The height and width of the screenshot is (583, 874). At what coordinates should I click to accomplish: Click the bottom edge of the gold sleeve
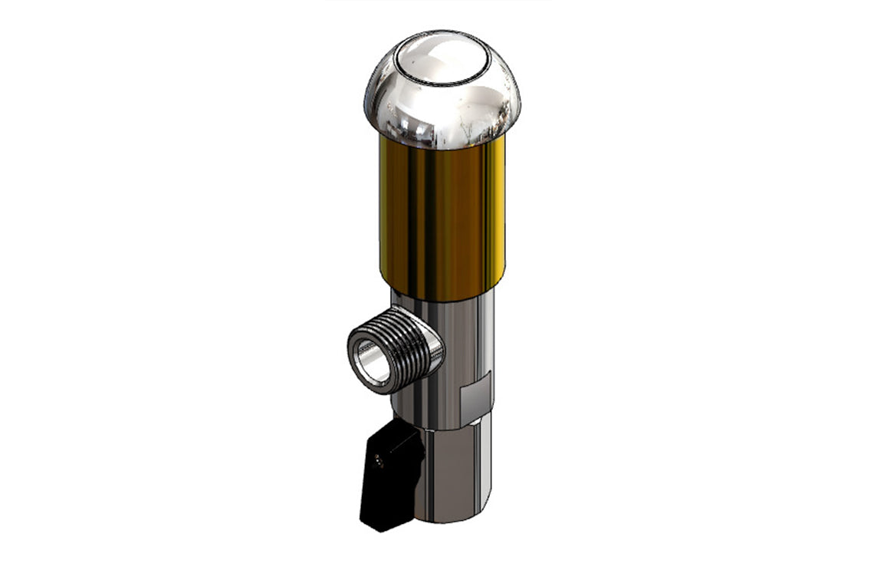pos(443,298)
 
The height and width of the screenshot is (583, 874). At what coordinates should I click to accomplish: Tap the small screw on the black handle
pos(378,462)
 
